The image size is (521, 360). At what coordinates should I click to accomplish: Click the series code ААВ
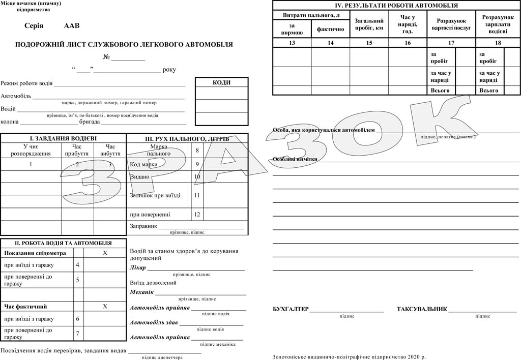(72, 25)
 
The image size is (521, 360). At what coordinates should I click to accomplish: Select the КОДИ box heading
(221, 82)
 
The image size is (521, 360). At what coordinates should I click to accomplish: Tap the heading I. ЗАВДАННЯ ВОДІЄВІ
(63, 138)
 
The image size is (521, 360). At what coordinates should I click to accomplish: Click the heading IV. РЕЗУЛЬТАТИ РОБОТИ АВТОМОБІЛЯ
(396, 6)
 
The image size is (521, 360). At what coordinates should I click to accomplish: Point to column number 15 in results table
(369, 43)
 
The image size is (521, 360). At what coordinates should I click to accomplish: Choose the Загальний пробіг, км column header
(369, 24)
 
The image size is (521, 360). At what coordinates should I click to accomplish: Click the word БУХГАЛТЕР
(291, 309)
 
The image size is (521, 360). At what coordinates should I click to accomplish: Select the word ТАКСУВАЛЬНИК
(422, 309)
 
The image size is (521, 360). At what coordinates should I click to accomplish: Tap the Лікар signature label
(138, 267)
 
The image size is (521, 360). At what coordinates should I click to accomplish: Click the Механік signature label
(141, 292)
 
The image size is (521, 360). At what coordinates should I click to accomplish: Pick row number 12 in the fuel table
(197, 215)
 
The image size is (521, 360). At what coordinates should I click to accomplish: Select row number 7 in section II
(77, 334)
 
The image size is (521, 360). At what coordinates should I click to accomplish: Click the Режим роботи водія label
(26, 83)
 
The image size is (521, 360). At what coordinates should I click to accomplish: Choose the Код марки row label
(143, 164)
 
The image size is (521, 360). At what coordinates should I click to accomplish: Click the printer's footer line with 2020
(349, 356)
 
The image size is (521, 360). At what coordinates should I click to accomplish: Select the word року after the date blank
(169, 70)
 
